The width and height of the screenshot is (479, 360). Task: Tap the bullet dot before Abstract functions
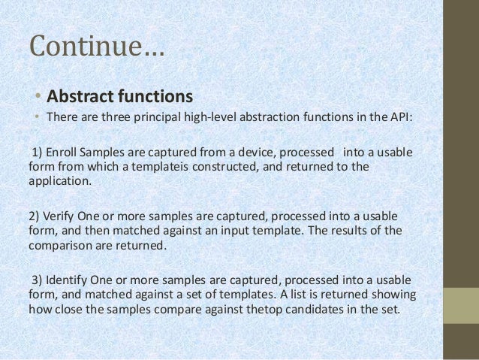[x=38, y=98]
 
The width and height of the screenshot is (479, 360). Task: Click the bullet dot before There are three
[x=38, y=118]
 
